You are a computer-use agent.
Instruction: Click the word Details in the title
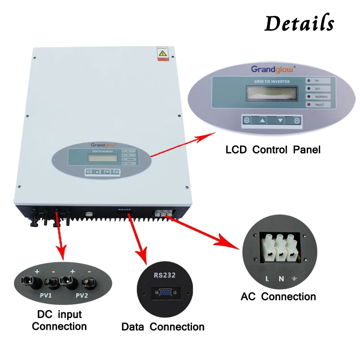(x=299, y=23)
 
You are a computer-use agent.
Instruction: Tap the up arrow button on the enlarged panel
(x=262, y=120)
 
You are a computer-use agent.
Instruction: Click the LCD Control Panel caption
(x=273, y=150)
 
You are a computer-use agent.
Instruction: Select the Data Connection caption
(x=163, y=327)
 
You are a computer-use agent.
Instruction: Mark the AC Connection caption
(x=278, y=297)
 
